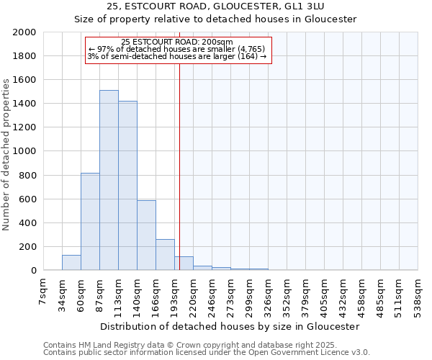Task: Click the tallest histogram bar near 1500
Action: [109, 180]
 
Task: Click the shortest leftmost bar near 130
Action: [71, 263]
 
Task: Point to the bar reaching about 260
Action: [165, 255]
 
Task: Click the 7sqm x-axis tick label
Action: [44, 292]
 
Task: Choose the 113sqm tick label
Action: [119, 294]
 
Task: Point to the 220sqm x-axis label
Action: [194, 294]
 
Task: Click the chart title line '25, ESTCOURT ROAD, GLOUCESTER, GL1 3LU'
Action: [216, 6]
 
